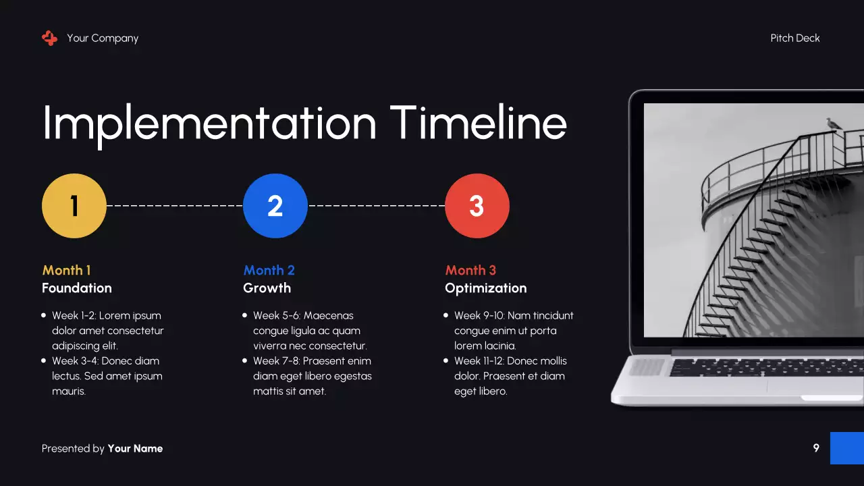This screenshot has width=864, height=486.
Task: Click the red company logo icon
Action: (49, 38)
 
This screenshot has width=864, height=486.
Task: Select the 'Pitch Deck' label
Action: (795, 38)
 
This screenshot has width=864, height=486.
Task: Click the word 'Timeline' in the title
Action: (479, 123)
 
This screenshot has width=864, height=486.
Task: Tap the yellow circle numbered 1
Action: (74, 206)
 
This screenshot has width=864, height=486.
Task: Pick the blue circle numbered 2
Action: (275, 206)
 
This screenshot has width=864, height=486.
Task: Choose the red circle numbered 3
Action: (477, 206)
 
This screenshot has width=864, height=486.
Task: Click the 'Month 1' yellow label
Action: (66, 270)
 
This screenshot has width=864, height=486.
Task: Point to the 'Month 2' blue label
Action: (269, 270)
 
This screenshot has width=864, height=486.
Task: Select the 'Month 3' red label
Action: (470, 270)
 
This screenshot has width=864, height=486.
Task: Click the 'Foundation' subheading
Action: (77, 288)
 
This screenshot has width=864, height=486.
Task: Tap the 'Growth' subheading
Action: (267, 288)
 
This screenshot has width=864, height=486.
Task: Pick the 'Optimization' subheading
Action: (485, 288)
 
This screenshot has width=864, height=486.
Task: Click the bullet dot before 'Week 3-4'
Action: (44, 361)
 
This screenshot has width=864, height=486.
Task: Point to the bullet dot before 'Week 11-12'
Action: (446, 361)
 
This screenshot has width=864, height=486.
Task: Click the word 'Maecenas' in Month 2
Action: (329, 315)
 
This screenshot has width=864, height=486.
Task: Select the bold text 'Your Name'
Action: (135, 449)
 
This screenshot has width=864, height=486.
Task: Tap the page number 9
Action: (816, 448)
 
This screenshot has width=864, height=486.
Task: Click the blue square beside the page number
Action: (846, 448)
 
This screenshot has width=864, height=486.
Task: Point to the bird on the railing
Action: (834, 124)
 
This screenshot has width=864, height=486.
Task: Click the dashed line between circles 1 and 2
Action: (174, 205)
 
